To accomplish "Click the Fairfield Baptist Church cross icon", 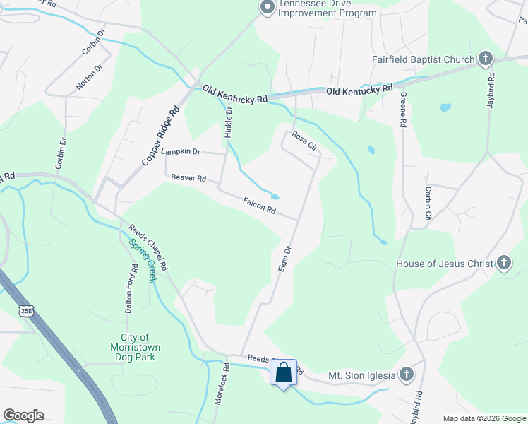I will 486,59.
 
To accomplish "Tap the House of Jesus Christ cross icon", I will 503,264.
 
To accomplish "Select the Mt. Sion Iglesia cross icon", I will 406,375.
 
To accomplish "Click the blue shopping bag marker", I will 283,372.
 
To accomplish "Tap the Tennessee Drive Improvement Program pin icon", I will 267,8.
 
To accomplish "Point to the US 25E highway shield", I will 26,310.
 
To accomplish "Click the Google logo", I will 23,416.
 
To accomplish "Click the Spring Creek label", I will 142,261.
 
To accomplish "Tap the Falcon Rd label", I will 259,207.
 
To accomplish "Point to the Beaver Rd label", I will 188,179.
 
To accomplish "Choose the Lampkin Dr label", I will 181,152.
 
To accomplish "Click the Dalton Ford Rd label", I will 131,288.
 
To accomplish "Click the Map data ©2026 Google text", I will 484,418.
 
